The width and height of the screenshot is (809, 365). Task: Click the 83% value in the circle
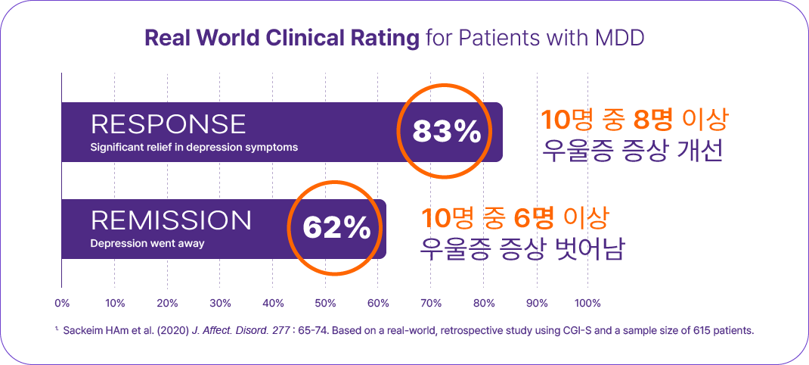pyautogui.click(x=447, y=132)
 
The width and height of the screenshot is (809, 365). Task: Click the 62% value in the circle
pyautogui.click(x=336, y=227)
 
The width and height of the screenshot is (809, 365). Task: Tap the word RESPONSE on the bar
pyautogui.click(x=168, y=124)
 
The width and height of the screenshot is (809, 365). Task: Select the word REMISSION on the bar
pyautogui.click(x=171, y=220)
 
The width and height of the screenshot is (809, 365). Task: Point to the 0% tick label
pyautogui.click(x=62, y=303)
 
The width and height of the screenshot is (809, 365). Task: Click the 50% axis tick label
pyautogui.click(x=325, y=303)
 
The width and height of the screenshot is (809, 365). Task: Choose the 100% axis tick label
pyautogui.click(x=587, y=303)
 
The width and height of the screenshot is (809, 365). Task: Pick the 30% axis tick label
pyautogui.click(x=220, y=303)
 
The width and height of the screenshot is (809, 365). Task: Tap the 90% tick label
pyautogui.click(x=536, y=303)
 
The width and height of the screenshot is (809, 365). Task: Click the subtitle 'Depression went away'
pyautogui.click(x=147, y=244)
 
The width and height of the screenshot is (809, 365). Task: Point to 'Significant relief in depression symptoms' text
pyautogui.click(x=194, y=147)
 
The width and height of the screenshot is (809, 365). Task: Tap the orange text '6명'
pyautogui.click(x=533, y=218)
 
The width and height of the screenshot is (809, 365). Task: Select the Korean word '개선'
pyautogui.click(x=702, y=150)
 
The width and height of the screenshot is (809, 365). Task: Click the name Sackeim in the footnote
pyautogui.click(x=85, y=331)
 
